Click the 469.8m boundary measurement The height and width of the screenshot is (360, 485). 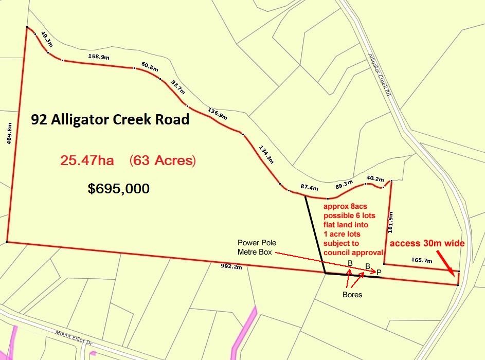9,134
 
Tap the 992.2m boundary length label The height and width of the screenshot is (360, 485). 231,266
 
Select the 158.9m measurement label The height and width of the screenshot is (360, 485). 99,57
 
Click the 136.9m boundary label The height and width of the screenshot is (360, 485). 217,113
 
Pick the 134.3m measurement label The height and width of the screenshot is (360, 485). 266,154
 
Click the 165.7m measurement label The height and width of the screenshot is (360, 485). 422,261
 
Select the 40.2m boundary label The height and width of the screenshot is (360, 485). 374,179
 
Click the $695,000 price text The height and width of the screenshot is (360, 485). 119,189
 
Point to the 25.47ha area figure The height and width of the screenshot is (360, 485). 87,160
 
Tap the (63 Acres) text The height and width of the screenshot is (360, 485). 163,160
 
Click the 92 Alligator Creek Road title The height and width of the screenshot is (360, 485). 110,119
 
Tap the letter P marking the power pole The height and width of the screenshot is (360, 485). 379,272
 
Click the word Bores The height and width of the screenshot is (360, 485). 352,295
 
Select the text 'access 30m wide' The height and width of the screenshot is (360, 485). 427,243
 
